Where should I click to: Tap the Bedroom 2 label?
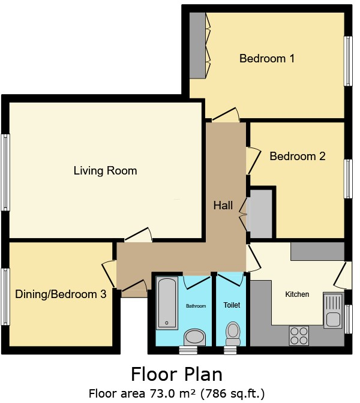coord(297,157)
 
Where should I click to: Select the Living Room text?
coord(105,171)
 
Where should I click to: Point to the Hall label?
coord(223,206)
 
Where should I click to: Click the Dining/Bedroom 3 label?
coord(61,294)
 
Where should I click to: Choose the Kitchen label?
coord(297,294)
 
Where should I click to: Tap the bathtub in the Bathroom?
coord(168,303)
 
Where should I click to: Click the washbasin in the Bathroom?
coord(193,336)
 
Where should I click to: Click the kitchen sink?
coord(332,309)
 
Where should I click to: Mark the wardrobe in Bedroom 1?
coord(197,45)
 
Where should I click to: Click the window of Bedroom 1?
coord(347,61)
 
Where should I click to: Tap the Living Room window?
coord(5,172)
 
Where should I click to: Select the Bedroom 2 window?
coord(347,179)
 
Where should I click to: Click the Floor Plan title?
coord(176,374)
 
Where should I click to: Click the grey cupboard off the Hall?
coord(259,214)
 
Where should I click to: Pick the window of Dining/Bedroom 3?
coord(5,294)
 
